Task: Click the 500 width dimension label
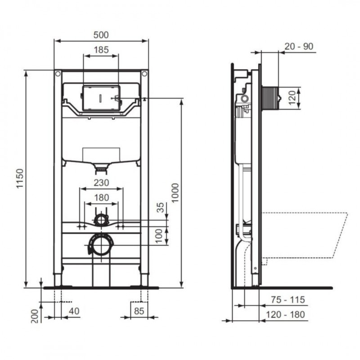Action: pos(101,35)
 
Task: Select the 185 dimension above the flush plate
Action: pos(101,50)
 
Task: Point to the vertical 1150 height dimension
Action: pos(20,178)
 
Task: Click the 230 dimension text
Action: pos(101,183)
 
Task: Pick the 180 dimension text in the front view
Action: pos(101,198)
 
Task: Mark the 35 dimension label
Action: pos(161,208)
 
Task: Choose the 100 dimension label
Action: pos(161,236)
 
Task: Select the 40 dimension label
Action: pos(74,311)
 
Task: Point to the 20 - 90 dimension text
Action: pos(299,46)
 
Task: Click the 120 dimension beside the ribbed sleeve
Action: pos(292,98)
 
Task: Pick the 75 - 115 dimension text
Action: pos(287,300)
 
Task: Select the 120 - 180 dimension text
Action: pos(285,314)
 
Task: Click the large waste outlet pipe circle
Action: pos(101,245)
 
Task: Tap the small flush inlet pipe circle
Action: pos(101,220)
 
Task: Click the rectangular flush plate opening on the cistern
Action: pos(101,98)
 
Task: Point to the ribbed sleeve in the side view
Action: pos(270,98)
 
